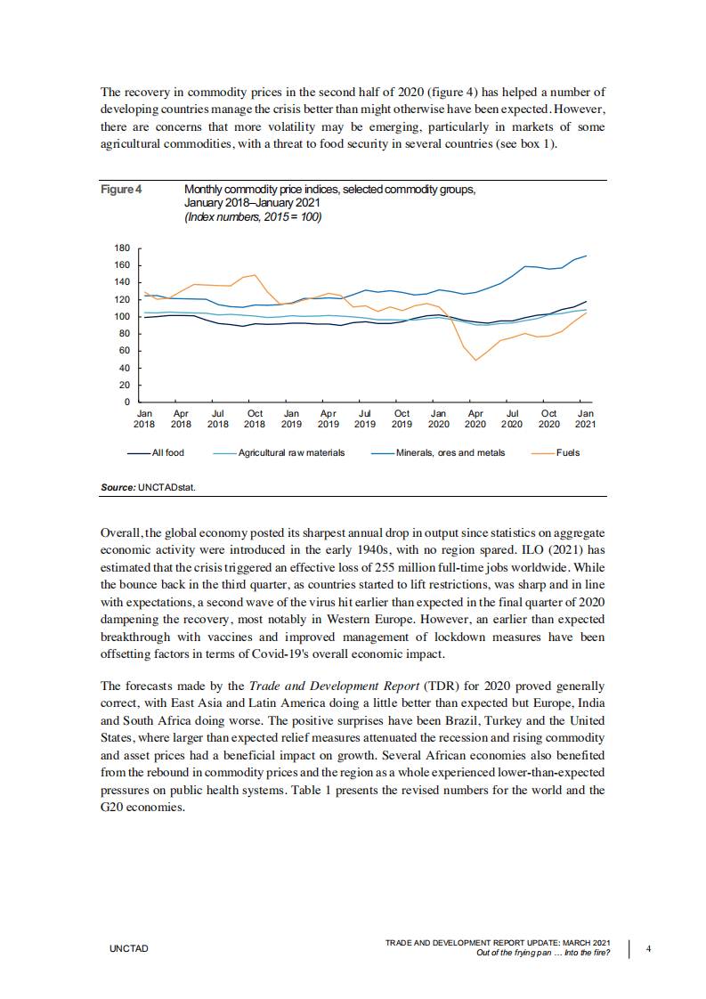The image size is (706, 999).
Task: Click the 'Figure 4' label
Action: pyautogui.click(x=122, y=190)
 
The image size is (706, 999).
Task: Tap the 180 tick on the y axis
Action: pyautogui.click(x=123, y=248)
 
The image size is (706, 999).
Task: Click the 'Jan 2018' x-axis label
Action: pyautogui.click(x=144, y=418)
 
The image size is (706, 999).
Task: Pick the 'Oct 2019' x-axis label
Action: pyautogui.click(x=402, y=418)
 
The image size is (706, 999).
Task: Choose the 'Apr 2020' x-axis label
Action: pyautogui.click(x=475, y=418)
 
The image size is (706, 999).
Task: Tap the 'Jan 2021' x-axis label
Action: pyautogui.click(x=586, y=418)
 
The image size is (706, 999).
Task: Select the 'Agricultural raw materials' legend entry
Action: pyautogui.click(x=291, y=453)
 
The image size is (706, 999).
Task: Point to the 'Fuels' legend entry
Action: pyautogui.click(x=567, y=453)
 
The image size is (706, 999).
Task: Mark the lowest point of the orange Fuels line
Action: pyautogui.click(x=475, y=361)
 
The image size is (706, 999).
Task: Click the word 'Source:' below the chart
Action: pyautogui.click(x=118, y=488)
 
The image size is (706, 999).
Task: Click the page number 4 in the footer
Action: pyautogui.click(x=648, y=948)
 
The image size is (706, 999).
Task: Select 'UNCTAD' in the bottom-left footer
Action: pyautogui.click(x=128, y=949)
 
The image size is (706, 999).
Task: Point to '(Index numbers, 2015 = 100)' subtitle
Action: pyautogui.click(x=252, y=216)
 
